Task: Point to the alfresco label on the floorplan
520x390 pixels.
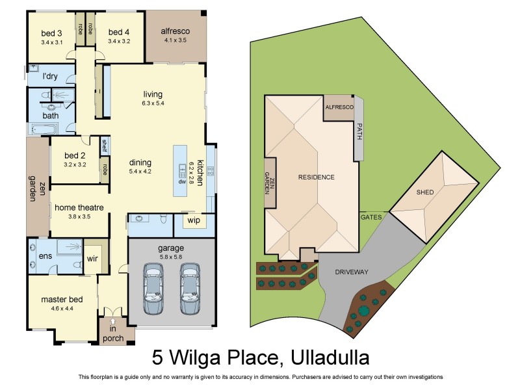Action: click(175, 31)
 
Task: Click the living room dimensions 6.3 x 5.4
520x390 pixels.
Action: click(153, 103)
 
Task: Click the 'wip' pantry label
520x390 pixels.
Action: click(194, 220)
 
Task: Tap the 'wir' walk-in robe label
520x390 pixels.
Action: click(92, 258)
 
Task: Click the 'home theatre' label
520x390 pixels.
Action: click(79, 208)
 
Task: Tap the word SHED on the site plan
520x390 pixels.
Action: click(426, 192)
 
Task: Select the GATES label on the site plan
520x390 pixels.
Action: click(371, 216)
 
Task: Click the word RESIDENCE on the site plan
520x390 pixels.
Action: click(317, 177)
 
